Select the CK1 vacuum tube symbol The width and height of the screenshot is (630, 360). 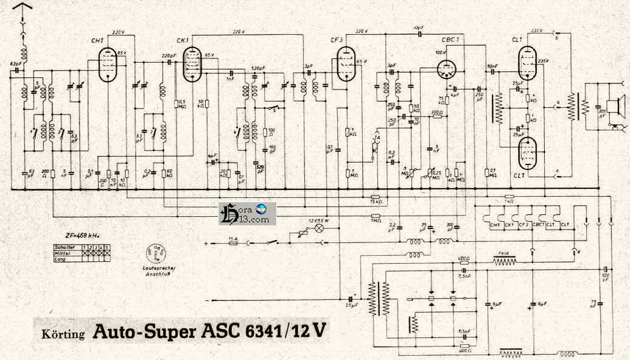tap(193, 65)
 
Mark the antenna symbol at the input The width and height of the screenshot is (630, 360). tap(23, 9)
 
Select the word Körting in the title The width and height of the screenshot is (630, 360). tap(64, 334)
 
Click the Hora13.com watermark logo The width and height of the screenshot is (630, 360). tap(247, 213)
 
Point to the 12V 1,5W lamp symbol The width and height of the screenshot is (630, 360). tap(316, 228)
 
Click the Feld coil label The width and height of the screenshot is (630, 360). tap(503, 252)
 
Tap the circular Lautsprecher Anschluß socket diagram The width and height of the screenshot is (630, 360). tap(153, 252)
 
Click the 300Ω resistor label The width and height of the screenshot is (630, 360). tap(436, 112)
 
